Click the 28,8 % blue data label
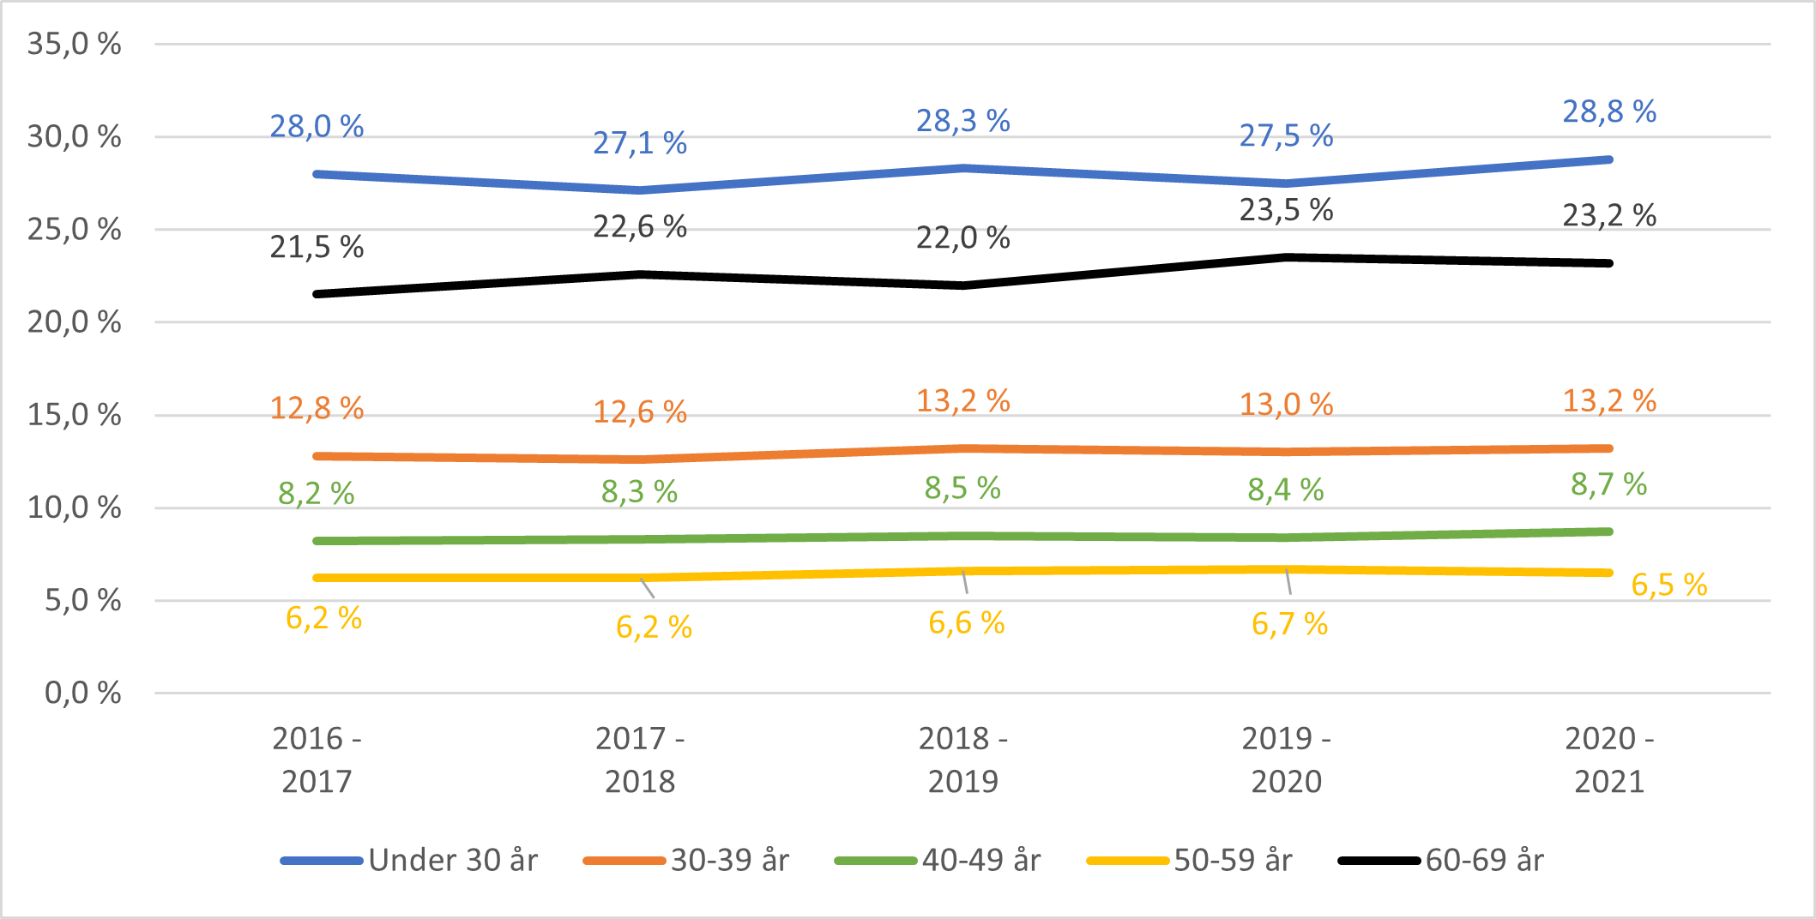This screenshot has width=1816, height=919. click(x=1608, y=111)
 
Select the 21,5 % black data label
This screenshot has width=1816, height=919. click(x=317, y=247)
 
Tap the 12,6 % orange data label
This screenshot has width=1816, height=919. click(x=640, y=412)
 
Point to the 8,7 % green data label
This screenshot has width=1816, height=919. click(x=1608, y=484)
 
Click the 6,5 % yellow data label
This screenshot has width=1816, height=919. click(x=1668, y=585)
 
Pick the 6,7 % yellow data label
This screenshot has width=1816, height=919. click(x=1289, y=624)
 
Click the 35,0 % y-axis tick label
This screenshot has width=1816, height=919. click(x=74, y=44)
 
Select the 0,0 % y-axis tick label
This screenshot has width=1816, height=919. click(x=82, y=693)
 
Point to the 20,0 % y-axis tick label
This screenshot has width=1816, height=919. click(x=74, y=322)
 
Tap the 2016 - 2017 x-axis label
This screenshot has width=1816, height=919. click(x=317, y=760)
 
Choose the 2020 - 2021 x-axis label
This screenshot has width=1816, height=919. click(x=1608, y=760)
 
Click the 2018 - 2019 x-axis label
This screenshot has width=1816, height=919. click(x=962, y=760)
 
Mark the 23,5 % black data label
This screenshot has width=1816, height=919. click(x=1286, y=210)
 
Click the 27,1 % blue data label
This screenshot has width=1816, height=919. click(x=640, y=143)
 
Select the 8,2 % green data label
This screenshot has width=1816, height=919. click(x=316, y=494)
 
